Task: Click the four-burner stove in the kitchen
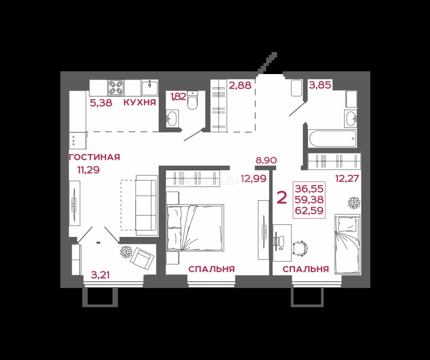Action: tap(116, 88)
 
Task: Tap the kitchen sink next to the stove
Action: tap(150, 88)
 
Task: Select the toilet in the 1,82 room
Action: tap(193, 100)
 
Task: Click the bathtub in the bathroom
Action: tap(333, 139)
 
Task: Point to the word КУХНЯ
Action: tap(140, 103)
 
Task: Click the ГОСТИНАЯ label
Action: tap(95, 157)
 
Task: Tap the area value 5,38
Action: tap(101, 103)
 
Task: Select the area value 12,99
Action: tap(254, 179)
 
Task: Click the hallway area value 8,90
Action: tap(266, 160)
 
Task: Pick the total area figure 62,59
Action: tap(309, 211)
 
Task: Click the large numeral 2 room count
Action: tap(282, 197)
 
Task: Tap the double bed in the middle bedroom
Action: tap(195, 228)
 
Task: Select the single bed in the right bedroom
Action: tap(347, 244)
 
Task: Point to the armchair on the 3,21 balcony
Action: tap(142, 258)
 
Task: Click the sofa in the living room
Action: tap(147, 205)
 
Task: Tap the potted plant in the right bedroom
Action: tap(354, 203)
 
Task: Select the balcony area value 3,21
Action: tap(100, 275)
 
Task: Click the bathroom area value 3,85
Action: tap(320, 85)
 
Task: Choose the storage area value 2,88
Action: tap(240, 85)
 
